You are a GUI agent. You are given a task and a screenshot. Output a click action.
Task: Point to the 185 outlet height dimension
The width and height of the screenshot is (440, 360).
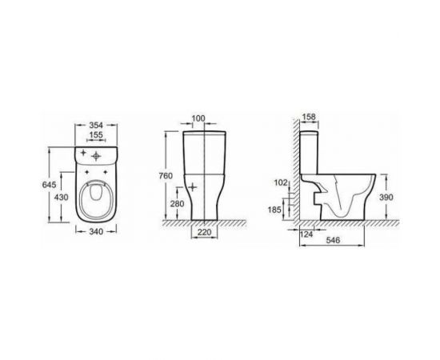pos(276,209)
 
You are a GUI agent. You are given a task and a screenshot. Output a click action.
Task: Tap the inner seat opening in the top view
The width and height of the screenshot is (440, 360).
pos(95,196)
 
